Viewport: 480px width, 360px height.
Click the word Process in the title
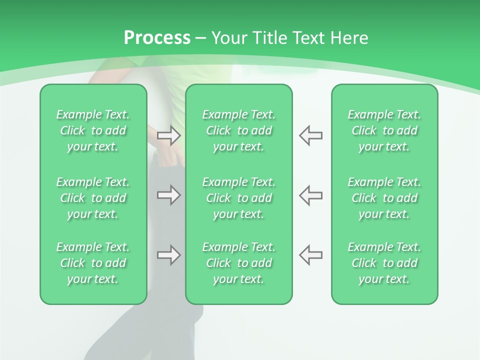pyautogui.click(x=157, y=38)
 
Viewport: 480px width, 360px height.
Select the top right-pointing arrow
pyautogui.click(x=168, y=135)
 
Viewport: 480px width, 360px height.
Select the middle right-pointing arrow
pyautogui.click(x=168, y=195)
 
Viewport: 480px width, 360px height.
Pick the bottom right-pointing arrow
pyautogui.click(x=168, y=255)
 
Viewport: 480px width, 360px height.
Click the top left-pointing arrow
pyautogui.click(x=311, y=135)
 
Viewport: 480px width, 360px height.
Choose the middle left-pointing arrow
pyautogui.click(x=311, y=195)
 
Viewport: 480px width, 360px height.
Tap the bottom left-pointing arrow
pyautogui.click(x=311, y=255)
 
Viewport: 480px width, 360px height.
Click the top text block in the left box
pyautogui.click(x=93, y=130)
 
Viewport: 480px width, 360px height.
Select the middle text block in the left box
pyautogui.click(x=93, y=198)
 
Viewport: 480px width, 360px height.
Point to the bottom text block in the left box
pyautogui.click(x=93, y=263)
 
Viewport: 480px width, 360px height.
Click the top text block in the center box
pyautogui.click(x=239, y=130)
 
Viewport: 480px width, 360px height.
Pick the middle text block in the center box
pyautogui.click(x=239, y=198)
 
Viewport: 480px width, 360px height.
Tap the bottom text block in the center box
pyautogui.click(x=239, y=263)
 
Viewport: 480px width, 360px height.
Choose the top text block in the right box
pyautogui.click(x=384, y=130)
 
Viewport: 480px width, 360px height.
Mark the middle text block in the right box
pyautogui.click(x=384, y=198)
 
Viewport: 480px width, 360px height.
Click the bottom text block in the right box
pyautogui.click(x=384, y=263)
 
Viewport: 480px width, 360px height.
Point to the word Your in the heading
pyautogui.click(x=227, y=38)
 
